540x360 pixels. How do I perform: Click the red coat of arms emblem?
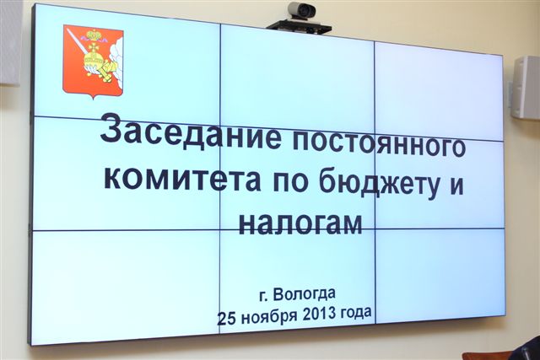[92, 60]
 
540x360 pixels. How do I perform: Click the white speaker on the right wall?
[524, 87]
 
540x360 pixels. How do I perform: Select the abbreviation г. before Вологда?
[266, 295]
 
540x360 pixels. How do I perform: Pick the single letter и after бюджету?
[457, 187]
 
